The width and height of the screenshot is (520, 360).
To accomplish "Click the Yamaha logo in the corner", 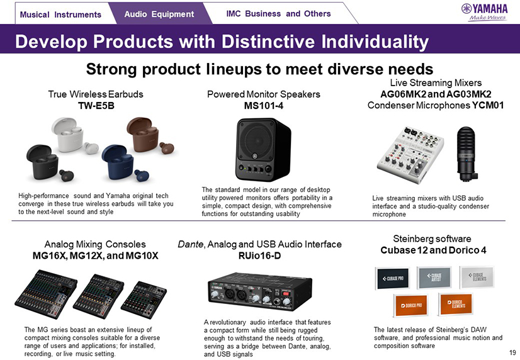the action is click(x=485, y=12).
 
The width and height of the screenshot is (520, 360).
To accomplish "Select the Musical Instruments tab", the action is click(x=60, y=14).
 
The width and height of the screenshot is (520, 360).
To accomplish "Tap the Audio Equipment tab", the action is click(x=159, y=14).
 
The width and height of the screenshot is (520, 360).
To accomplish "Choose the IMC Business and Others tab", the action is click(x=278, y=14).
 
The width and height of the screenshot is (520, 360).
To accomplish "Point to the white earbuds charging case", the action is click(x=68, y=133).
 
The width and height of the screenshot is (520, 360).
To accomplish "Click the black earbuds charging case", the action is click(x=43, y=162).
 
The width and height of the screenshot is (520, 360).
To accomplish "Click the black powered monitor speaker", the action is click(x=263, y=149).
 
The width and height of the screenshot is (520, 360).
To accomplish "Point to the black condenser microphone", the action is click(x=466, y=154).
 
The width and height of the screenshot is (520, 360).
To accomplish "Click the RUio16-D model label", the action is click(x=259, y=256).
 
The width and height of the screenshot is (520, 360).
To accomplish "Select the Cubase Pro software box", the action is click(x=393, y=278).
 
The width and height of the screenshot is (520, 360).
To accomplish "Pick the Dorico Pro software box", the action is click(x=411, y=305).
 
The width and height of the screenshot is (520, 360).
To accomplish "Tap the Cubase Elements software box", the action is click(x=477, y=277).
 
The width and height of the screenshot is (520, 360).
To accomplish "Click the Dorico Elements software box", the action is click(x=456, y=304).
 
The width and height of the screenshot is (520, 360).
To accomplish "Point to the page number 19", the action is click(x=512, y=352).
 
